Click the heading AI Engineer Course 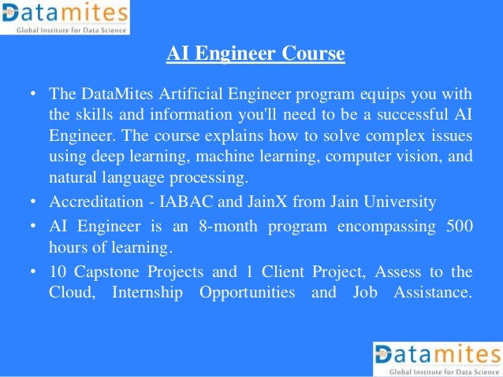click(x=255, y=54)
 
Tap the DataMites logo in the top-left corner click(x=65, y=17)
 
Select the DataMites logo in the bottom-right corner click(x=436, y=358)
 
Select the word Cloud click(x=70, y=293)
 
